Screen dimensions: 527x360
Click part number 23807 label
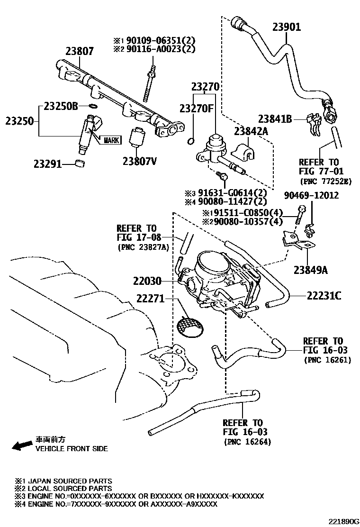80,51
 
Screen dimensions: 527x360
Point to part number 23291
47,164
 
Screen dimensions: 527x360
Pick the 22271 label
150,299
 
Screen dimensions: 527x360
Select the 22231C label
324,296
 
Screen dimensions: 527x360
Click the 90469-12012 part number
311,195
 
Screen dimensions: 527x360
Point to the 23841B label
275,119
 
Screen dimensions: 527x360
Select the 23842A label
251,131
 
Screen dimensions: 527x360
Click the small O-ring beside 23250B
93,106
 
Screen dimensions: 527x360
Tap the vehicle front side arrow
21,445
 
